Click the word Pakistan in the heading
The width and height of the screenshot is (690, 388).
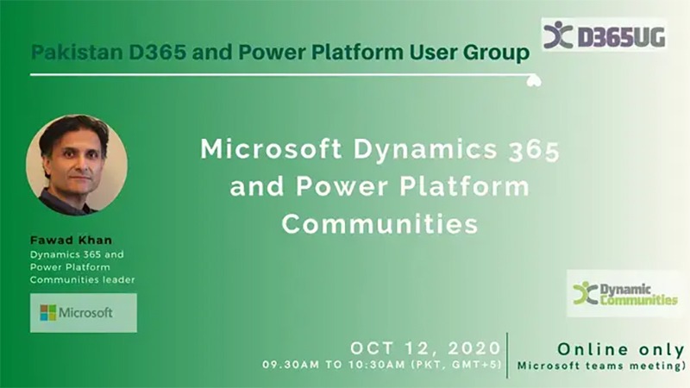pos(77,53)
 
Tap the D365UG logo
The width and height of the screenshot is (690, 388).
pos(604,34)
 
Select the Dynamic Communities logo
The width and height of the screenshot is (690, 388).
pos(625,293)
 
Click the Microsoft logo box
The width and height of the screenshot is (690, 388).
pos(84,313)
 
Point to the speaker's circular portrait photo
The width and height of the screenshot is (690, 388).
pos(77,165)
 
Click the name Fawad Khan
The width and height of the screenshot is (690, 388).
pos(72,241)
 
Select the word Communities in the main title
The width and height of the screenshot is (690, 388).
pos(379,224)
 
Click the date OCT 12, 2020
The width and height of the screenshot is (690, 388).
pos(425,348)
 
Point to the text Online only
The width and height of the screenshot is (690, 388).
pos(621,349)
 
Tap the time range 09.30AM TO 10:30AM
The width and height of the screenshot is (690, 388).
pos(334,365)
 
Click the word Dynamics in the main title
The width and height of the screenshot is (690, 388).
pos(425,149)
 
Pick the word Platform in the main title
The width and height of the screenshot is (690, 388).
pos(465,186)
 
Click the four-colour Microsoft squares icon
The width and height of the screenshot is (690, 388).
pos(48,313)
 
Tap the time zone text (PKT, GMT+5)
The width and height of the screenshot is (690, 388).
pos(456,365)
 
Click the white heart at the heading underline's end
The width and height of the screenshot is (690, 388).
pos(534,80)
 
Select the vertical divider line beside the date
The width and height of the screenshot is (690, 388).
pos(507,355)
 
